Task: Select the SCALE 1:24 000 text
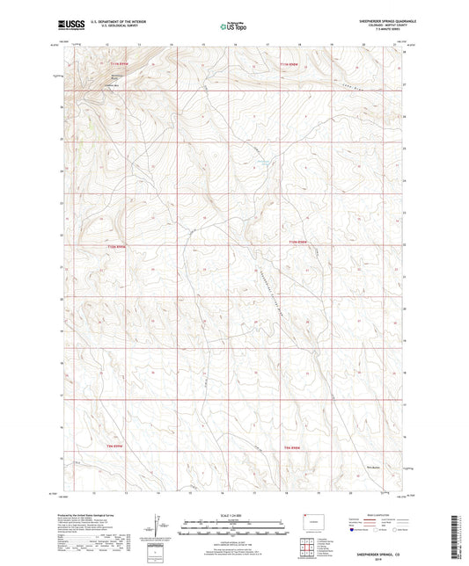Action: coord(234,514)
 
